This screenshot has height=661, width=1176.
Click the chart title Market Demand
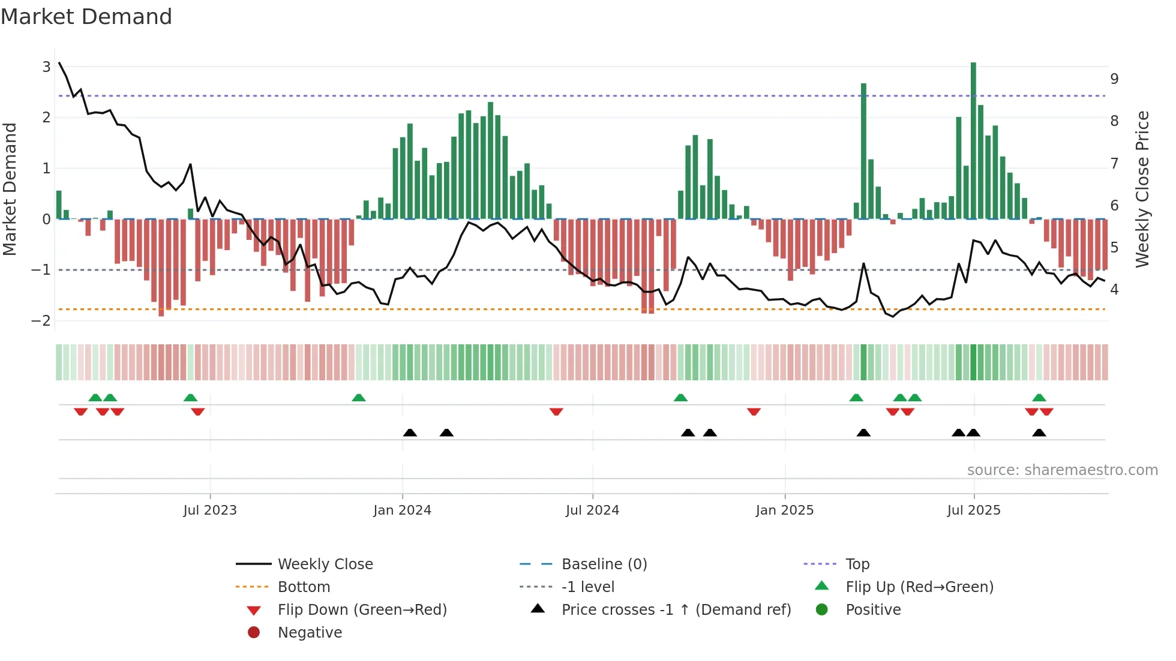pos(86,17)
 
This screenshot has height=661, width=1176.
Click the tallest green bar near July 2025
pos(973,141)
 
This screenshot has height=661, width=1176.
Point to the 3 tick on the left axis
pos(46,67)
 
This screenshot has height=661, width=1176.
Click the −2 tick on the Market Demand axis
pos(41,320)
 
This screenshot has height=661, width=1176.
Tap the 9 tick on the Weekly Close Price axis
pos(1114,79)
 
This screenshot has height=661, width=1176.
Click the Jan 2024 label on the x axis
pos(402,510)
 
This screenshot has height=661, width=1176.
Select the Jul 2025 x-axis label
pos(974,510)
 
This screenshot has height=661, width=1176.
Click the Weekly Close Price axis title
pos(1142,189)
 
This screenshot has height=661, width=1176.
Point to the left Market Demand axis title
pos(10,189)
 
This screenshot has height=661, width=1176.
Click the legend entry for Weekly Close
pos(325,564)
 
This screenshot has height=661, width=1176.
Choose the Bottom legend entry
pos(304,587)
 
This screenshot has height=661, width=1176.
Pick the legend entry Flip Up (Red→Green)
pos(919,587)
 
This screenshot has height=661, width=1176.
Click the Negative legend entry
pos(310,632)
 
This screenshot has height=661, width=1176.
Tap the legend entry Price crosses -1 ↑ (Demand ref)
pos(676,609)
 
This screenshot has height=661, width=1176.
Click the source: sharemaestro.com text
pos(1062,470)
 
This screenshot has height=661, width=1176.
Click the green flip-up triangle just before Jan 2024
pos(358,398)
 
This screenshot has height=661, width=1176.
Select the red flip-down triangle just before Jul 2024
pos(556,411)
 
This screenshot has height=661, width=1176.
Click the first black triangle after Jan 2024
pos(410,432)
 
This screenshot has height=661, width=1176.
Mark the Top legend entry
pos(857,564)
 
